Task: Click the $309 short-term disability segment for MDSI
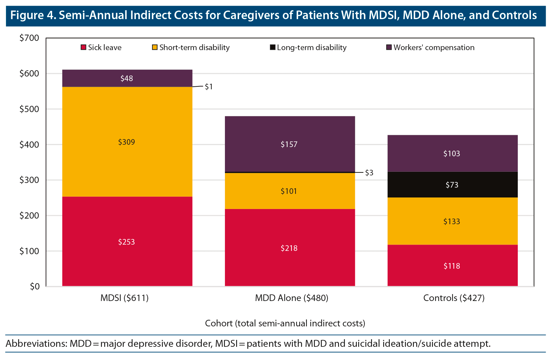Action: point(127,142)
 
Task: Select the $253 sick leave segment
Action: point(127,242)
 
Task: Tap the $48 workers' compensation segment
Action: point(127,78)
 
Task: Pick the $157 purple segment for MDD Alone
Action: point(290,144)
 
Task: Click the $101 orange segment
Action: point(290,191)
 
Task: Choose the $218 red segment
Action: point(290,248)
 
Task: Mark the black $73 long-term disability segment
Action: point(452,185)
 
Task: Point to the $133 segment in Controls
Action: point(452,221)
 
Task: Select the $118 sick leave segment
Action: point(452,266)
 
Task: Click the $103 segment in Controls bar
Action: point(452,153)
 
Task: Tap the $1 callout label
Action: point(209,87)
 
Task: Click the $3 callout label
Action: point(369,173)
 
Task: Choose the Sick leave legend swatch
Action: point(83,47)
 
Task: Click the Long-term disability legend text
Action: point(312,47)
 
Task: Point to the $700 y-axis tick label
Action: point(29,38)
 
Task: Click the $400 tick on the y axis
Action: point(29,144)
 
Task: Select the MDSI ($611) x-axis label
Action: point(125,298)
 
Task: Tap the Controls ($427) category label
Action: point(454,298)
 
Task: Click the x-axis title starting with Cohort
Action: point(285,323)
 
